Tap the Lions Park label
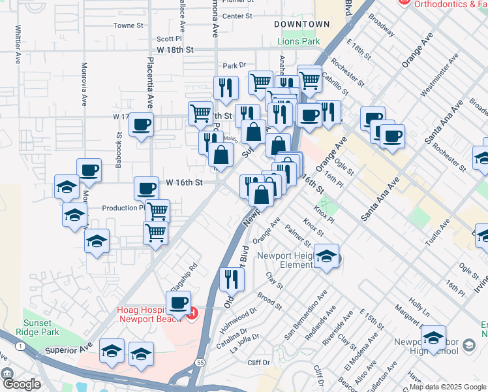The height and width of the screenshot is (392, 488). pyautogui.click(x=299, y=41)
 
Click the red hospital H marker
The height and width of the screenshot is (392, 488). pyautogui.click(x=192, y=316)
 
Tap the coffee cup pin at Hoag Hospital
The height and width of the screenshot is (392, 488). pyautogui.click(x=178, y=303)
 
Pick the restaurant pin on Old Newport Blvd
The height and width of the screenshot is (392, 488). pyautogui.click(x=232, y=279)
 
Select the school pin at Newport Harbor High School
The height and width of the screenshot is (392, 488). pyautogui.click(x=433, y=337)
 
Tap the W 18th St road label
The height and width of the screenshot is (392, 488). pyautogui.click(x=175, y=50)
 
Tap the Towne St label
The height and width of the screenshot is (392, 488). pyautogui.click(x=128, y=26)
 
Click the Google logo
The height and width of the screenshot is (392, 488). pyautogui.click(x=22, y=384)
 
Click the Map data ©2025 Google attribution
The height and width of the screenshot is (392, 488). pyautogui.click(x=448, y=387)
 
